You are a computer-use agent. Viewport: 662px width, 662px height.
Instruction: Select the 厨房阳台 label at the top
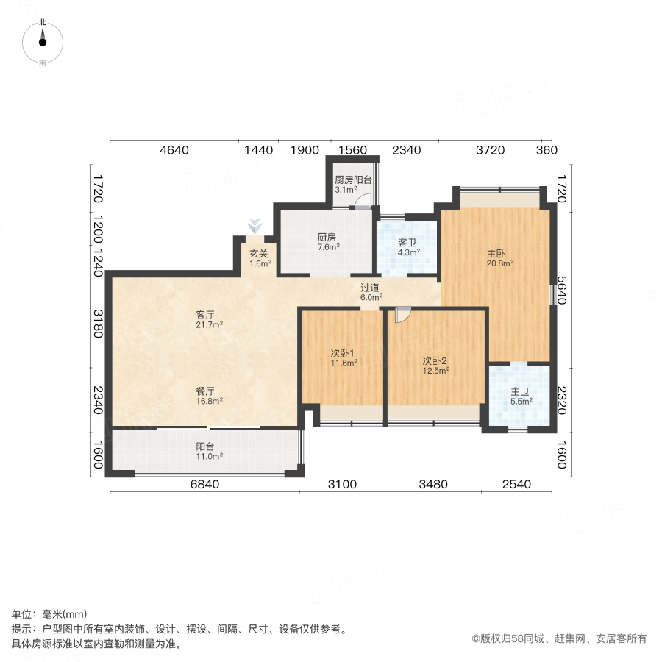pos(353,179)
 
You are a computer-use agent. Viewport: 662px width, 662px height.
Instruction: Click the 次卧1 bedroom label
pos(343,352)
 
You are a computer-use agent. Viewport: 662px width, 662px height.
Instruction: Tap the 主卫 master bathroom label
pos(519,392)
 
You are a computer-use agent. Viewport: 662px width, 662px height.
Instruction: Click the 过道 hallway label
pos(371,288)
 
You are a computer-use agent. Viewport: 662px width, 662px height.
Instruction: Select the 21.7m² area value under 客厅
pos(210,324)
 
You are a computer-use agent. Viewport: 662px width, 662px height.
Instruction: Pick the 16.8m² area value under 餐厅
pos(209,401)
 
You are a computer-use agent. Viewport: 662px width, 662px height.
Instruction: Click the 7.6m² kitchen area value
pos(328,247)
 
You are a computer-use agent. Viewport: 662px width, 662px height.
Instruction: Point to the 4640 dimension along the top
pos(175,150)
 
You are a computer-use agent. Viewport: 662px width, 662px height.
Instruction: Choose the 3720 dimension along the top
pos(489,150)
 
